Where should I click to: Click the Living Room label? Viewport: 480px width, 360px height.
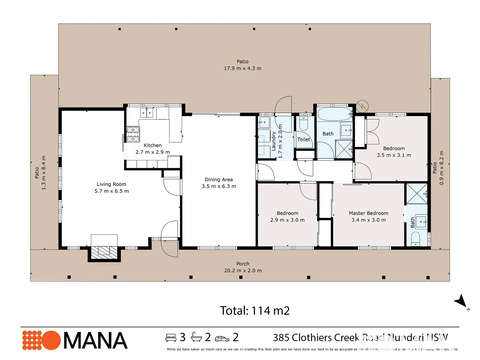(111, 184)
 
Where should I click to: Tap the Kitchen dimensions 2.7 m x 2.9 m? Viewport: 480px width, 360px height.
(152, 152)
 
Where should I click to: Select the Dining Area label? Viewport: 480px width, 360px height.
(219, 179)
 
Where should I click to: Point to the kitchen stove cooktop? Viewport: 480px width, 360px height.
(133, 134)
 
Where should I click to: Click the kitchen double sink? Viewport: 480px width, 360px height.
(146, 113)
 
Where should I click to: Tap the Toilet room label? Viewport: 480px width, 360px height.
(303, 139)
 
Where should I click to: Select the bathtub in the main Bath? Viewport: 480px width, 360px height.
(334, 114)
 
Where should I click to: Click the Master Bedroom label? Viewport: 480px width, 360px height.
(368, 213)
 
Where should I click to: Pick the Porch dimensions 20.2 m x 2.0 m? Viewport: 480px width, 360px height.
(243, 270)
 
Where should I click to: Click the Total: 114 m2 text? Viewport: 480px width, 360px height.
(255, 311)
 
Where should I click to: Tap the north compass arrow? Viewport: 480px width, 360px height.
(461, 301)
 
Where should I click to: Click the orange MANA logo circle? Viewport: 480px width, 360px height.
(51, 340)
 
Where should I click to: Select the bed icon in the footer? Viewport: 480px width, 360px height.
(171, 338)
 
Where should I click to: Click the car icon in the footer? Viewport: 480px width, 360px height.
(222, 339)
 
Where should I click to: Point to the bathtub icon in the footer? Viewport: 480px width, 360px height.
(196, 337)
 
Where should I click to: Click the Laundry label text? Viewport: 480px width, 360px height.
(274, 141)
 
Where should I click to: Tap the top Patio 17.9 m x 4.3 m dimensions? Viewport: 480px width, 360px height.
(242, 68)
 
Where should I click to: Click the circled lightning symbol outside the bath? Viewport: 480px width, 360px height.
(362, 106)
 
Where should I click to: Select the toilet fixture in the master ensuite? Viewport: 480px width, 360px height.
(415, 239)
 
